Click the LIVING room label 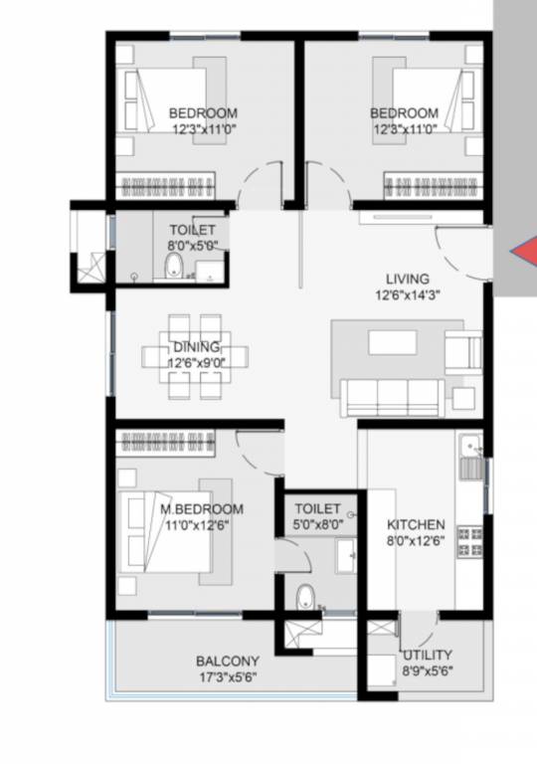408,279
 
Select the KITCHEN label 416,524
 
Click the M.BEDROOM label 202,509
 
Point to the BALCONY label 228,661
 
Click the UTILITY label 428,655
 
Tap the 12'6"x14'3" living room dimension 408,295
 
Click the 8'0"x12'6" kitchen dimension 416,541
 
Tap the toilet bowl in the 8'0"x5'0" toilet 173,266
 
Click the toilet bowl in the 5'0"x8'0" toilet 305,597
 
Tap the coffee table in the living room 393,341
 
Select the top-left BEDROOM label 202,112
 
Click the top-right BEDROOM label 404,112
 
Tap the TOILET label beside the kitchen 317,508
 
